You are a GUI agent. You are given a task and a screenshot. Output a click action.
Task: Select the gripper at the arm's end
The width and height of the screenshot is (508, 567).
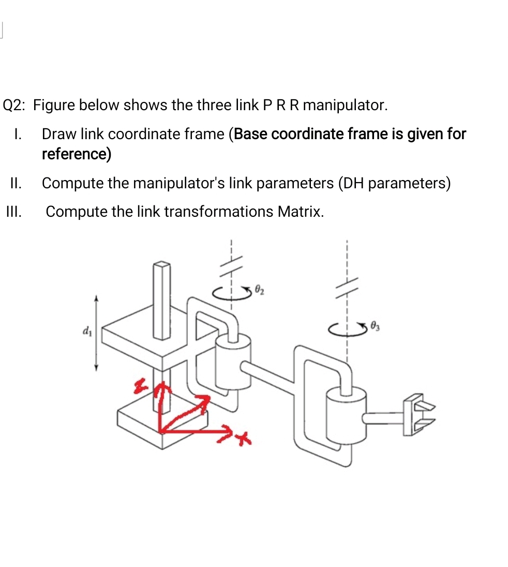coord(419,412)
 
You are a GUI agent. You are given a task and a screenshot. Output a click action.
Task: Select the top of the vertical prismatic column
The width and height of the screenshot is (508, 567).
coord(161,266)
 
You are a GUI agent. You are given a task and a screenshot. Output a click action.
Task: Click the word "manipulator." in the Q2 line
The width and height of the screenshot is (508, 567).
coord(345,106)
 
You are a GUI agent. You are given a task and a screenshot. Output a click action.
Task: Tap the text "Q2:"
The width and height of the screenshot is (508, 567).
coord(16,106)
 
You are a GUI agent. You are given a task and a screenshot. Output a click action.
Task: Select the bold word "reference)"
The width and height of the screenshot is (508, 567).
coord(77,154)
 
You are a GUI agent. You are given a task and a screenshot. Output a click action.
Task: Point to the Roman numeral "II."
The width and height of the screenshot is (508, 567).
coord(16,183)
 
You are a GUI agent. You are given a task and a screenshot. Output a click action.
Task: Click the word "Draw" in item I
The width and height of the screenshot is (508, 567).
coord(58,135)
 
